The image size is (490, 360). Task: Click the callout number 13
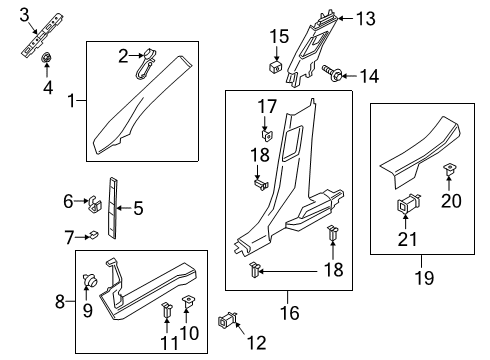(366, 19)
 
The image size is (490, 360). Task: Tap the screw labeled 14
(332, 72)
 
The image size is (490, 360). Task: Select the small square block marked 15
(276, 66)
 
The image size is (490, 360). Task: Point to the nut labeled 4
(46, 58)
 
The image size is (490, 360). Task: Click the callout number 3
(24, 15)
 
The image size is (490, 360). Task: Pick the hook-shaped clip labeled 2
(146, 65)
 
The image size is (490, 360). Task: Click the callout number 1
(71, 100)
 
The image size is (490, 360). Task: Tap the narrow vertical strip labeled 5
(112, 208)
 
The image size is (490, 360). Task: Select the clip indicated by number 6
(94, 203)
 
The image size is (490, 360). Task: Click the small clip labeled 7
(93, 235)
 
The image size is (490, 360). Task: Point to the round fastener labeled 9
(89, 279)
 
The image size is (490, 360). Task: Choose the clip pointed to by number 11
(167, 310)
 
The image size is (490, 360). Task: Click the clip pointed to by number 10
(188, 302)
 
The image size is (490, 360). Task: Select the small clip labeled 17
(267, 135)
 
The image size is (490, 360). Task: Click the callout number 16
(290, 313)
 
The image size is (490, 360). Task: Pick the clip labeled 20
(450, 170)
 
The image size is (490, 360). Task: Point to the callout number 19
(425, 278)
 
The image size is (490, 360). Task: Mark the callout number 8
(60, 302)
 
